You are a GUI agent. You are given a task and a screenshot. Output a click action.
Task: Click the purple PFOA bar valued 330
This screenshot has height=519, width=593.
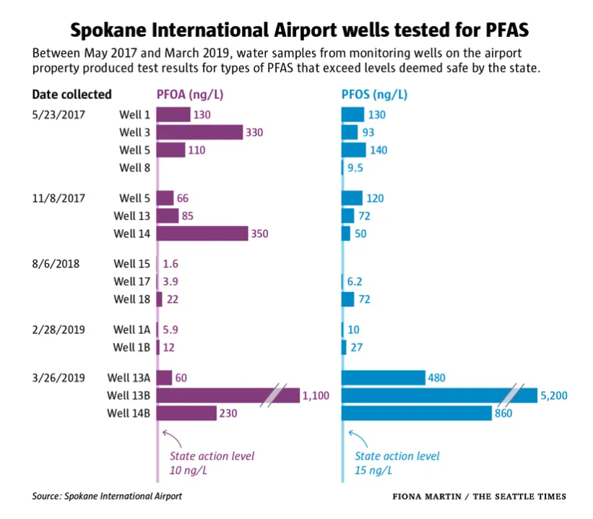(x=199, y=132)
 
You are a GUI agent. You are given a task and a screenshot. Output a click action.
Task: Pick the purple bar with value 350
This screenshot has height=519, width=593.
(x=202, y=233)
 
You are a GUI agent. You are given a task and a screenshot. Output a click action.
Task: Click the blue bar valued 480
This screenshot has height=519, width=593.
(x=383, y=377)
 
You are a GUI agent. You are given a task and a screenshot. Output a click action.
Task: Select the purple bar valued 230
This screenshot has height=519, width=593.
(x=186, y=413)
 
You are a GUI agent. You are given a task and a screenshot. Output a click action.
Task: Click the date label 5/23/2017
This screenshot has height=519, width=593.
(x=59, y=114)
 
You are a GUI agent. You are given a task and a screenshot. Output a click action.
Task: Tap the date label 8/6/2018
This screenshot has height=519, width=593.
(x=56, y=264)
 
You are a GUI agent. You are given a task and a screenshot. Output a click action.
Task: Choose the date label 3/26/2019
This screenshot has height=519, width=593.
(x=59, y=377)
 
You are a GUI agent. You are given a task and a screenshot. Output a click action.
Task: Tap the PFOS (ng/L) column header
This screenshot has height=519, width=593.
(x=374, y=95)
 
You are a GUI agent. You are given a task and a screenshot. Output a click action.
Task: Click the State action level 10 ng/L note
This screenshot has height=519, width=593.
(x=212, y=463)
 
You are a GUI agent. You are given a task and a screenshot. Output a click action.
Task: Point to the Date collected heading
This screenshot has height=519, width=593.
(x=72, y=95)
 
